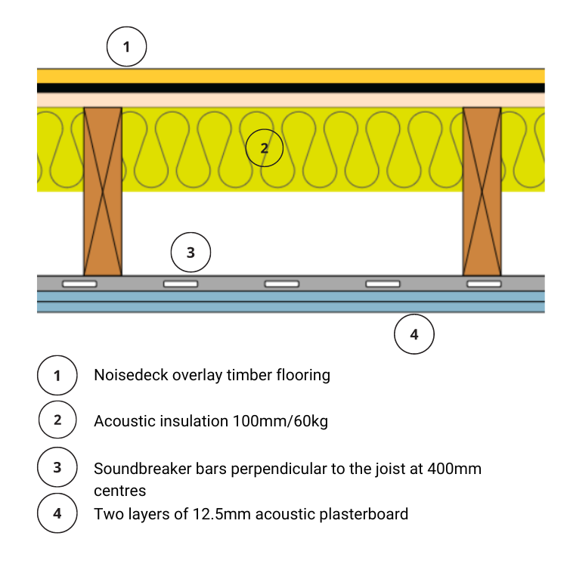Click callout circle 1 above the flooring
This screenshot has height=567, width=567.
tap(126, 47)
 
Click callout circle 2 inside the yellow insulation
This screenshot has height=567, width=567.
tap(264, 148)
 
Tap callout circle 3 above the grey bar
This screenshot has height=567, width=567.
tap(191, 253)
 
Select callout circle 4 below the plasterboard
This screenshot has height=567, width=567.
tap(414, 334)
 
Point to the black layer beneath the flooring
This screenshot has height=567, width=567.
tap(291, 88)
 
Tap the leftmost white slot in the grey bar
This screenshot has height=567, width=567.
tap(80, 283)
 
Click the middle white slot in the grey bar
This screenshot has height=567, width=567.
tap(281, 283)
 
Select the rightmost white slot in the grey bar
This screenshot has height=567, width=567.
tap(484, 283)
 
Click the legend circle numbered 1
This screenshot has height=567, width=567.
tap(57, 375)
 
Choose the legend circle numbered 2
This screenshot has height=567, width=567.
tap(57, 421)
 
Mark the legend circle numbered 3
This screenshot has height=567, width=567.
tap(57, 469)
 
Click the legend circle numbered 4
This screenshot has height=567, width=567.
tap(57, 515)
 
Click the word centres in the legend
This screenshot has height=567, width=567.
tap(119, 491)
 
